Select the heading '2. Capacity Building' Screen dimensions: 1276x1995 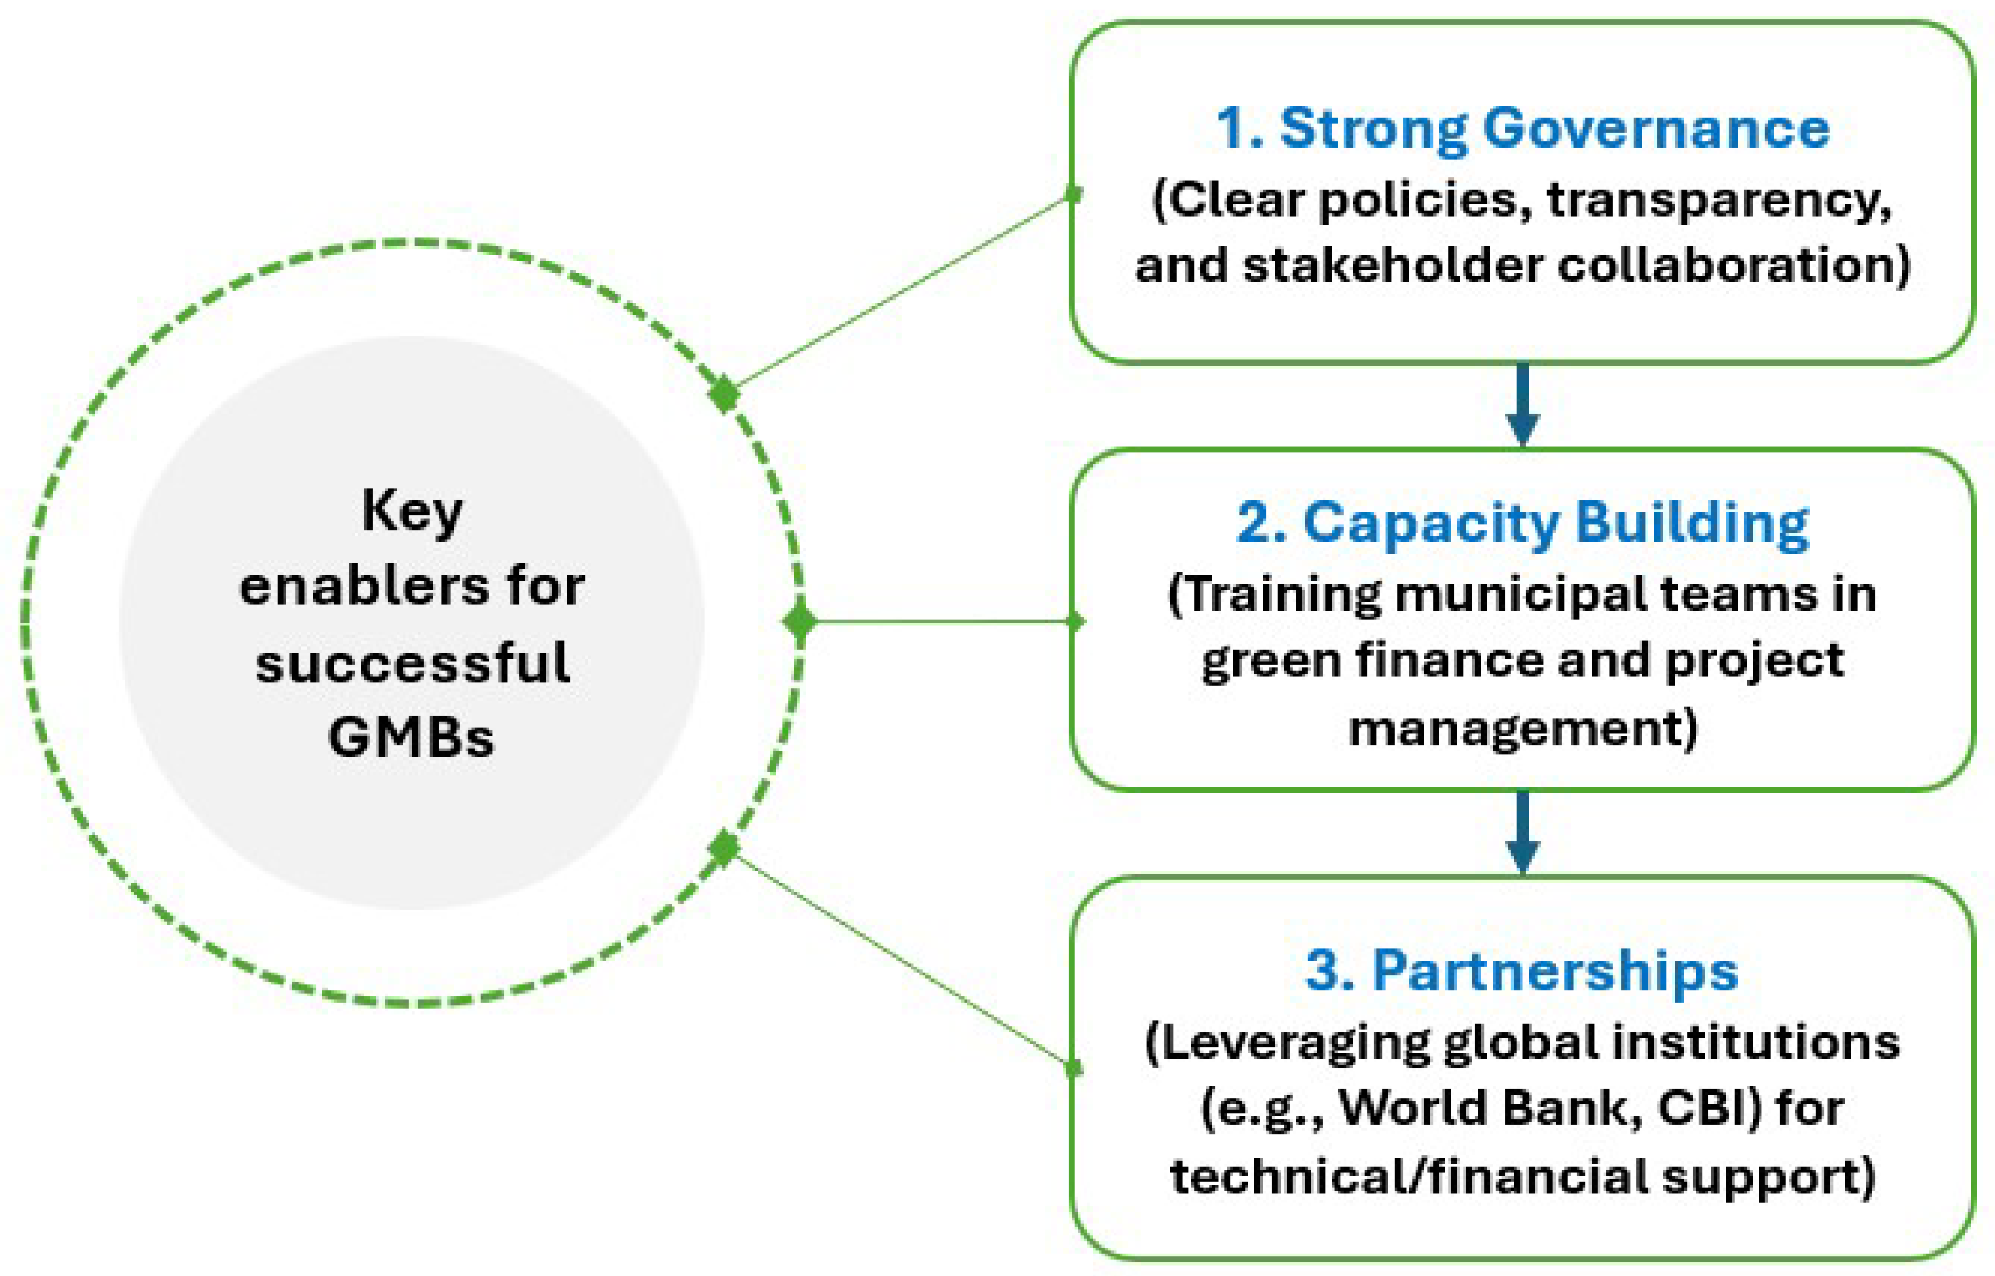[1522, 524]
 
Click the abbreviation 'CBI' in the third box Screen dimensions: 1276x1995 [1709, 1108]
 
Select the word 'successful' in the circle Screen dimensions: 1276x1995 [412, 663]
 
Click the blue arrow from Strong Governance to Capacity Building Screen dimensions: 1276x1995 [1522, 406]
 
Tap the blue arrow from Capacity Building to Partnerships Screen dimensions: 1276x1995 [1522, 833]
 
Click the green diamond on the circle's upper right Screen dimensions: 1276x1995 [724, 393]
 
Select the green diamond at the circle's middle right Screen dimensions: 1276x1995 [800, 621]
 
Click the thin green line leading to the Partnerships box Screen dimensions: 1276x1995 [903, 959]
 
